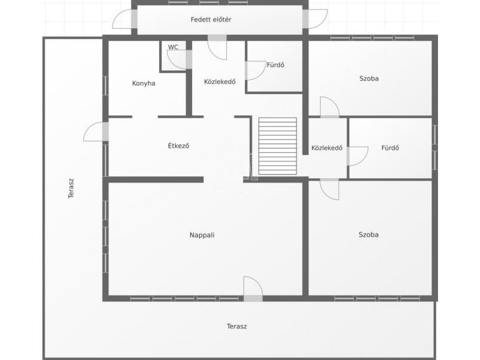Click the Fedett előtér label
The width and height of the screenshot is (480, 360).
[x=211, y=20]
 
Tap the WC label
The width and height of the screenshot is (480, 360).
[x=173, y=47]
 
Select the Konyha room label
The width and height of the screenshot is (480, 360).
[x=143, y=83]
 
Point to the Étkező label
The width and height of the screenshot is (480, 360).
[x=178, y=145]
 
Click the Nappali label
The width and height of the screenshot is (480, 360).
[x=202, y=235]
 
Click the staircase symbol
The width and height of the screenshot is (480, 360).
[x=278, y=146]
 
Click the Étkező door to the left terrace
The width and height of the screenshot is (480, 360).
[x=96, y=131]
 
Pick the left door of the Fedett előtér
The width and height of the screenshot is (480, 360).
[x=125, y=19]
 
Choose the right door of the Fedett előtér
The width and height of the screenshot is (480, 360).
[x=315, y=19]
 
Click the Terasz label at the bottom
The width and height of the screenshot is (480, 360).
[x=237, y=326]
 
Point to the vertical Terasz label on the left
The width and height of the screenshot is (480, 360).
[x=71, y=189]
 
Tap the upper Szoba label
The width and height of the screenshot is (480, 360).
[x=369, y=79]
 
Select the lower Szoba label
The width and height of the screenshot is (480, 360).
[x=368, y=235]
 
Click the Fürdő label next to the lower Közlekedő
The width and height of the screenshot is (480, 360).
[x=391, y=148]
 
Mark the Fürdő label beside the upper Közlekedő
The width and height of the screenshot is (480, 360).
[x=275, y=65]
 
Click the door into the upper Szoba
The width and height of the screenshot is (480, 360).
[x=329, y=107]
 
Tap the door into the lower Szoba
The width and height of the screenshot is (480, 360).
[x=329, y=189]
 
